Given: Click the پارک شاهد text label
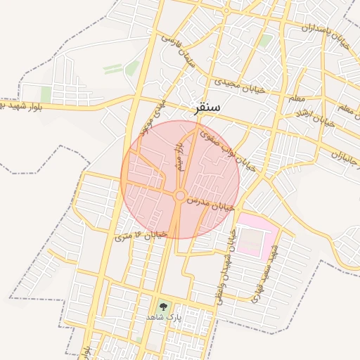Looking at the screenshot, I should point(164,318).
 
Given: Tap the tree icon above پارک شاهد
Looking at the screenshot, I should point(164,306).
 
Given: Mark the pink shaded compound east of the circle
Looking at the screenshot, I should point(255,236).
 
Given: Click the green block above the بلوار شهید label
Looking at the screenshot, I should point(46,94).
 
